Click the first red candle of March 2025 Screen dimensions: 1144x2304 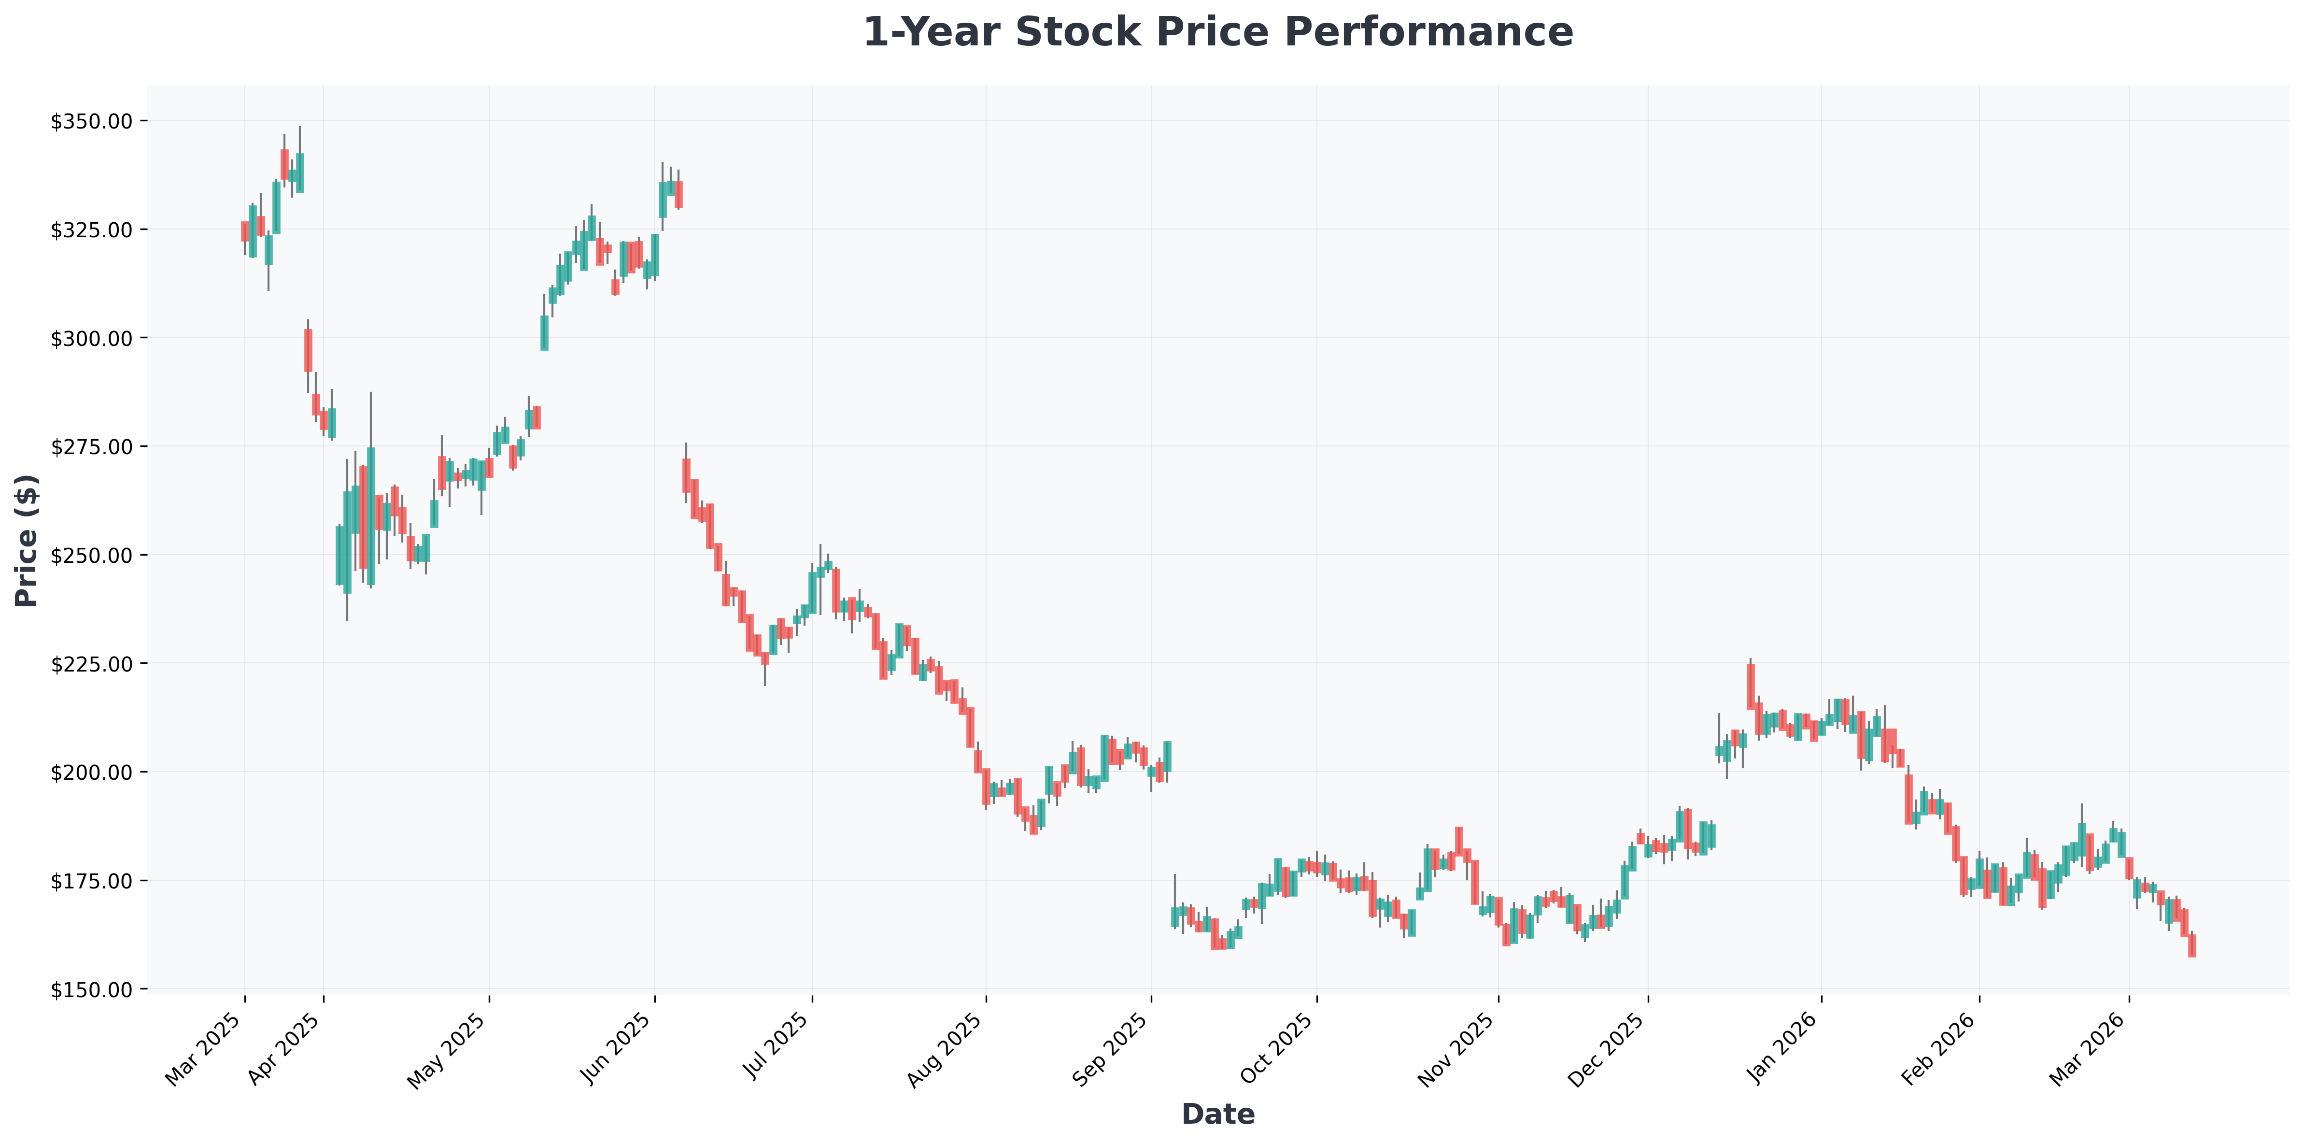[x=244, y=231]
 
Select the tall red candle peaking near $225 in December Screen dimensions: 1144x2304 [x=1751, y=687]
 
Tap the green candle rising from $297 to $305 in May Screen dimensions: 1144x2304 [x=544, y=333]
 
